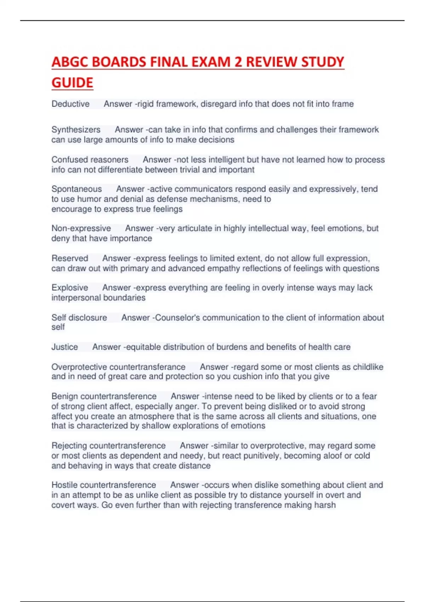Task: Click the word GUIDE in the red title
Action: click(72, 83)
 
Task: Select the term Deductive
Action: click(70, 104)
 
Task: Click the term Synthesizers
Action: click(76, 130)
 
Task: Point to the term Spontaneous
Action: click(76, 189)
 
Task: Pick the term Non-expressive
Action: click(81, 228)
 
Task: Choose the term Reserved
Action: click(70, 259)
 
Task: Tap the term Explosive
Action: click(70, 288)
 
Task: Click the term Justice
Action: click(64, 347)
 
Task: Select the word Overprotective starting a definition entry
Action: click(79, 367)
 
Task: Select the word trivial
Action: click(188, 170)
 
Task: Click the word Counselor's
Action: click(177, 318)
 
